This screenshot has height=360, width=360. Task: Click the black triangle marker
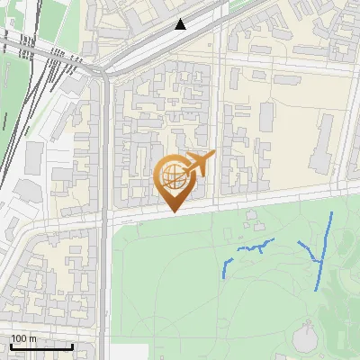pyautogui.click(x=181, y=24)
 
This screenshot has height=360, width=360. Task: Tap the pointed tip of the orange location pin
pyautogui.click(x=175, y=211)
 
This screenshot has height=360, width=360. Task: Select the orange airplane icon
pyautogui.click(x=199, y=164)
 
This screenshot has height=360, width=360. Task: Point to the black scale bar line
pyautogui.click(x=41, y=346)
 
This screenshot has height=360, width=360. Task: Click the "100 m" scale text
pyautogui.click(x=23, y=338)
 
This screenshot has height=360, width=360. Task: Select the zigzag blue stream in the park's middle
pyautogui.click(x=256, y=246)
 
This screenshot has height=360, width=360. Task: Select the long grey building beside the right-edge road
pyautogui.click(x=321, y=144)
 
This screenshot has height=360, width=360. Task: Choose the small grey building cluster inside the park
pyautogui.click(x=252, y=216)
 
